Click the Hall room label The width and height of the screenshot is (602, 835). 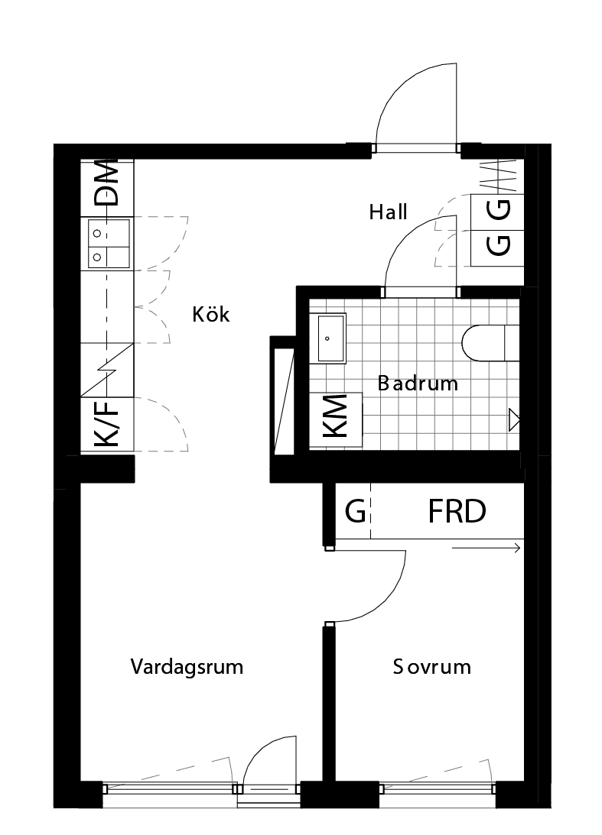click(388, 212)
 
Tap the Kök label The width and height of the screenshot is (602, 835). click(211, 314)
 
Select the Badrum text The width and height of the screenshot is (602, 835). click(418, 384)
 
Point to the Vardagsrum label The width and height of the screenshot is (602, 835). click(187, 667)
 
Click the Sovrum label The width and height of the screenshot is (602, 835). click(431, 667)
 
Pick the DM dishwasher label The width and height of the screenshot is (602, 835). click(107, 184)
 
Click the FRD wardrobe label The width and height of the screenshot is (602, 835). click(457, 512)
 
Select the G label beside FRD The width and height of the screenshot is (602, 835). click(355, 512)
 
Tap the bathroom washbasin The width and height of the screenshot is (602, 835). click(331, 337)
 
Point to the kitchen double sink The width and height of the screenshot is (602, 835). click(109, 243)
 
